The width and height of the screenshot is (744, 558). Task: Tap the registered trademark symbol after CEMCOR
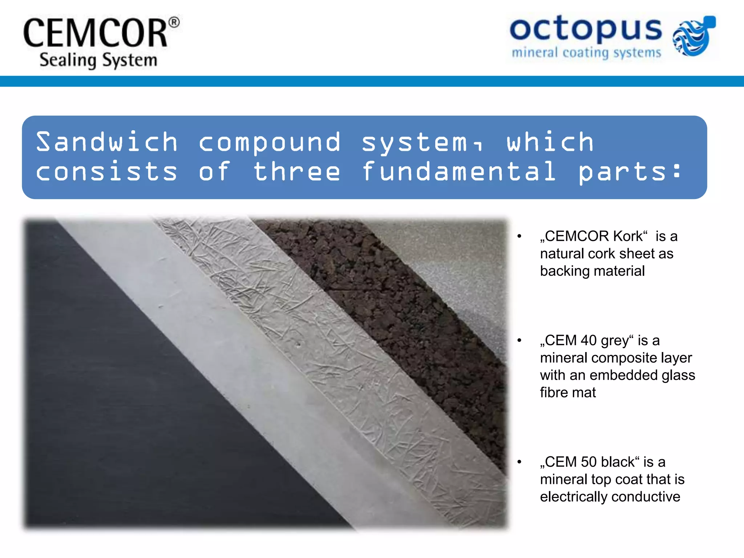174,23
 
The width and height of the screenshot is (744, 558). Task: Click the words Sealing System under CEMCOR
98,60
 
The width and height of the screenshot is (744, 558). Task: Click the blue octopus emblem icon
694,36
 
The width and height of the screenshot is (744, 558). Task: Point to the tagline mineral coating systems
586,53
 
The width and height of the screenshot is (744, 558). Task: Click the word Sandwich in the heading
107,142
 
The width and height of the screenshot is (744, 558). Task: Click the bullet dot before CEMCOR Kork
519,236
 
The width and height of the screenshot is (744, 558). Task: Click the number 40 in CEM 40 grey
589,340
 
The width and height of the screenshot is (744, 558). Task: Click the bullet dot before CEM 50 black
519,462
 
